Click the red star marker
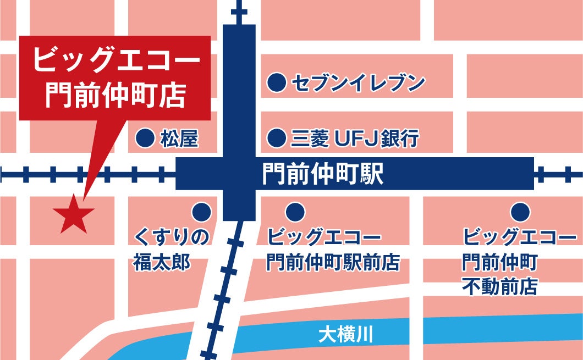pos(74,213)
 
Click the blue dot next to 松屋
pos(145,139)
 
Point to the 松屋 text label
pos(179,139)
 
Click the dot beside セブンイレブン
pos(277,84)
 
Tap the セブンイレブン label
pos(358,84)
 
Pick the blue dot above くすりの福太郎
pos(201,211)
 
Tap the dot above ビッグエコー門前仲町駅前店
pos(295,211)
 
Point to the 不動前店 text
pos(499,286)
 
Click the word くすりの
pos(172,238)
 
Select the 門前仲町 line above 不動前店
pos(499,262)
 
